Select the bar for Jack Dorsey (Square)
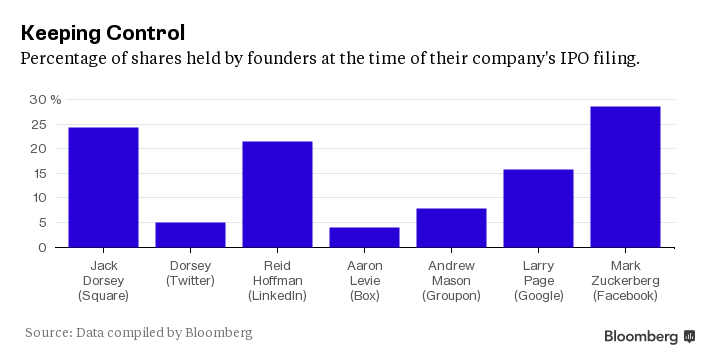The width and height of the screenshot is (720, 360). (103, 187)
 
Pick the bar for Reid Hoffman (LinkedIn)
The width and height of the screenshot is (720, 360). (277, 194)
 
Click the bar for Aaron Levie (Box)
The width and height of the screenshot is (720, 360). (364, 237)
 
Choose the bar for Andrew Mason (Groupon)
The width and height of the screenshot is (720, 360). (451, 227)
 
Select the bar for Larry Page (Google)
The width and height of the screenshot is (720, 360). (538, 208)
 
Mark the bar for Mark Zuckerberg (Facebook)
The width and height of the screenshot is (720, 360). (625, 176)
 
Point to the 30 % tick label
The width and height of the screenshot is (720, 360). (45, 100)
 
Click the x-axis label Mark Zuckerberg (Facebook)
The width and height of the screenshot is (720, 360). (625, 282)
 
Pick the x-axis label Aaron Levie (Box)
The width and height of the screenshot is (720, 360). (364, 282)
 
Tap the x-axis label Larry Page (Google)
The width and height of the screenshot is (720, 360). (538, 282)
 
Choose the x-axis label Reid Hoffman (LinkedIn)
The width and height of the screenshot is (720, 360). (277, 282)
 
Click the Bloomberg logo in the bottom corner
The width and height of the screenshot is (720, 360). (649, 336)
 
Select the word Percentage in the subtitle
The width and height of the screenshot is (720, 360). (66, 60)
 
